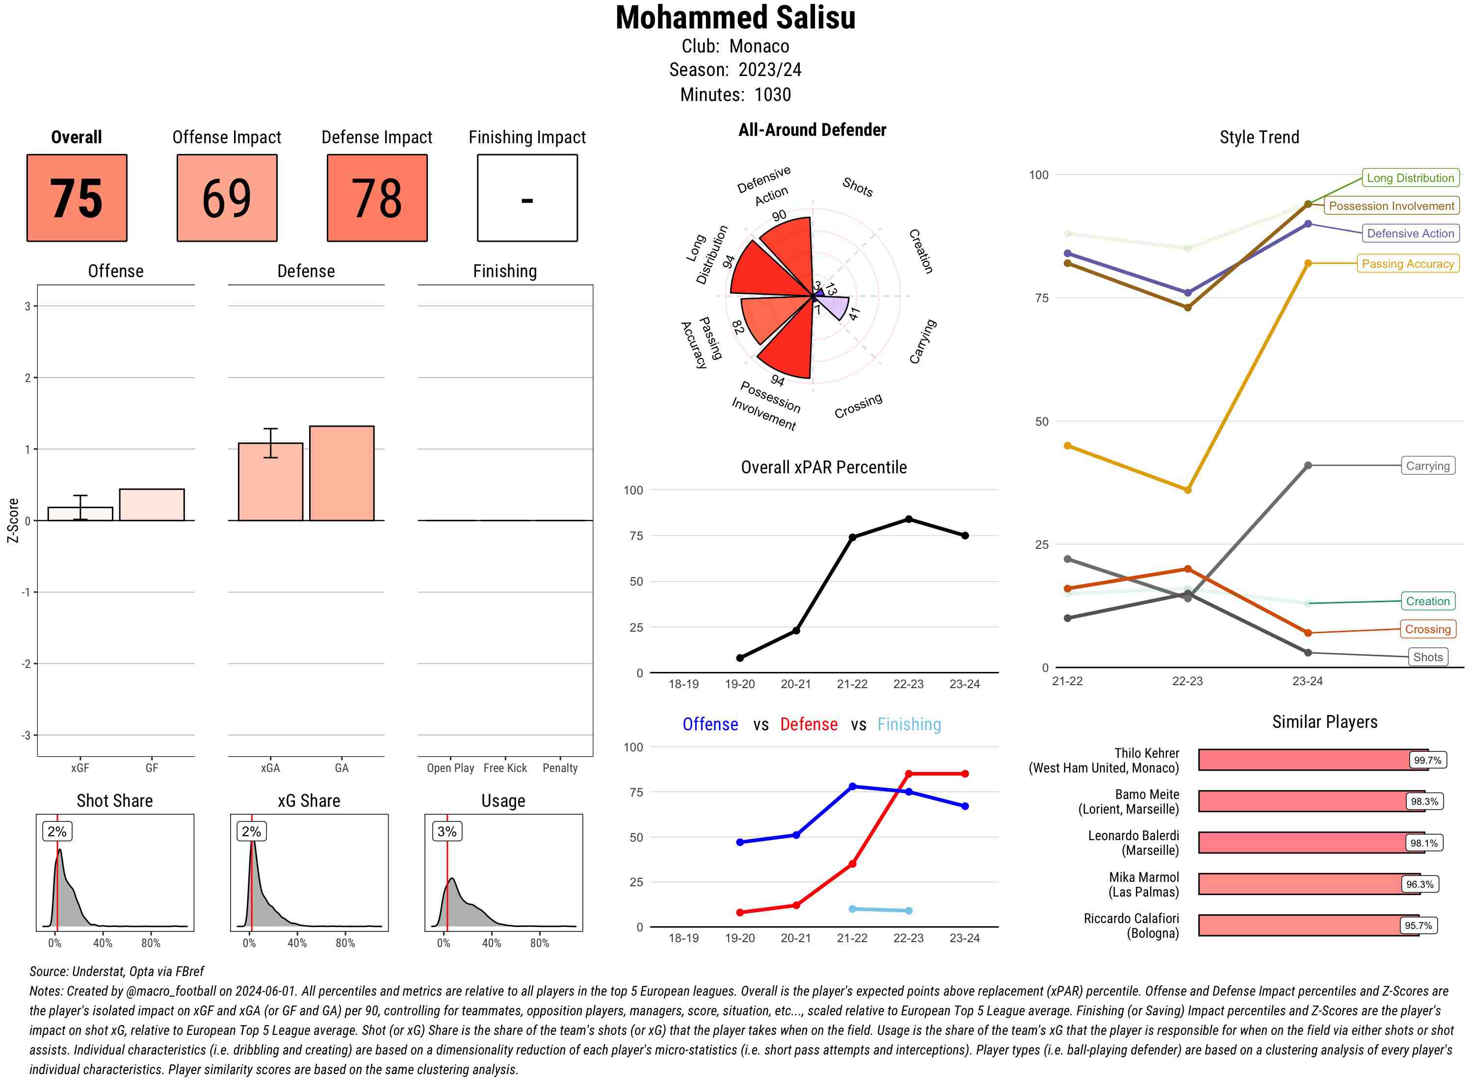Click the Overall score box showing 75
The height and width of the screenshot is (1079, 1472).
77,198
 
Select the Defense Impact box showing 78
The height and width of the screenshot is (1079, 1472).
377,198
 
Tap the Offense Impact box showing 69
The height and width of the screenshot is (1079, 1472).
227,198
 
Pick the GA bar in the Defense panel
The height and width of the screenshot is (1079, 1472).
342,473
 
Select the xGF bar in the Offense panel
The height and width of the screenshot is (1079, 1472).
80,514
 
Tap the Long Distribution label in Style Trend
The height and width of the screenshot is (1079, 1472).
1410,178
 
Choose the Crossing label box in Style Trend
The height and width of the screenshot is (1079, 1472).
1427,629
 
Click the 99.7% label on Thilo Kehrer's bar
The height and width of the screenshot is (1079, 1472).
1427,760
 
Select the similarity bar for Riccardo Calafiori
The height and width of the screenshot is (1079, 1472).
1308,925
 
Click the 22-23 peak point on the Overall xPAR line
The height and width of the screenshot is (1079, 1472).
909,519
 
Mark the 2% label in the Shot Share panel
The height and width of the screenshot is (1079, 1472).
57,831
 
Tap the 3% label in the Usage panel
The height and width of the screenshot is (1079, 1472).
447,831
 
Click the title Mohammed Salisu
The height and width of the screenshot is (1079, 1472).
735,18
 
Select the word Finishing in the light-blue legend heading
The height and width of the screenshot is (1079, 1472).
909,724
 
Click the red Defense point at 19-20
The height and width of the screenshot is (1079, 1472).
740,912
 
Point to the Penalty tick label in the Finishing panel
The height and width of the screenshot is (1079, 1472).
560,768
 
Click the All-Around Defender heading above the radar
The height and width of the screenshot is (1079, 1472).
812,130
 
